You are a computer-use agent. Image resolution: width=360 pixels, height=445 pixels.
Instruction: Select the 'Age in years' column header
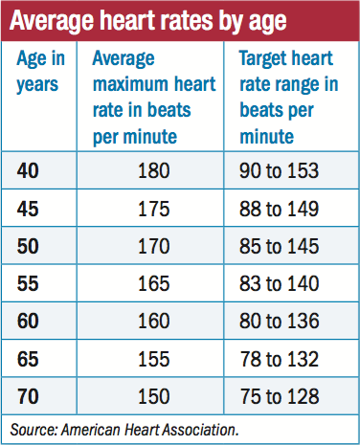coord(38,71)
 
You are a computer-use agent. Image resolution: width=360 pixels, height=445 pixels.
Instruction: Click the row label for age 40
coord(31,172)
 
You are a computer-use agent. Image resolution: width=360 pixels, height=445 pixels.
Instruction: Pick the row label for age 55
coord(31,286)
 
